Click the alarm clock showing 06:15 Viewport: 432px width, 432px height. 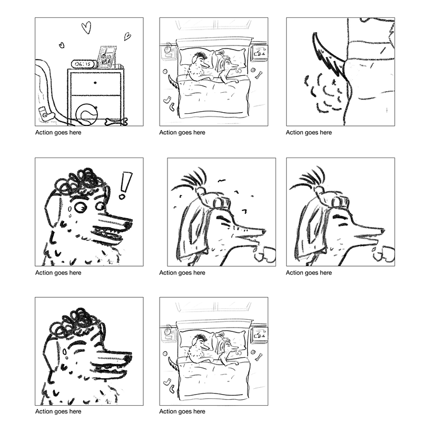click(82, 64)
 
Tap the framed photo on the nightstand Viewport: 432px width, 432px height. click(107, 57)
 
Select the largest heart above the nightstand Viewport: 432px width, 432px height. click(86, 27)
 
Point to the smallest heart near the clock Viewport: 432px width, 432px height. click(61, 45)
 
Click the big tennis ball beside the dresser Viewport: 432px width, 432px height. click(86, 113)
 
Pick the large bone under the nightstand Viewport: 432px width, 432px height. click(116, 122)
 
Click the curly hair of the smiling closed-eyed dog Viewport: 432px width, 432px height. click(74, 322)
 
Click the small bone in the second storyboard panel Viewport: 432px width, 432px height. click(258, 74)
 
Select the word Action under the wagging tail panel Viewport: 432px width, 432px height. click(296, 133)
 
